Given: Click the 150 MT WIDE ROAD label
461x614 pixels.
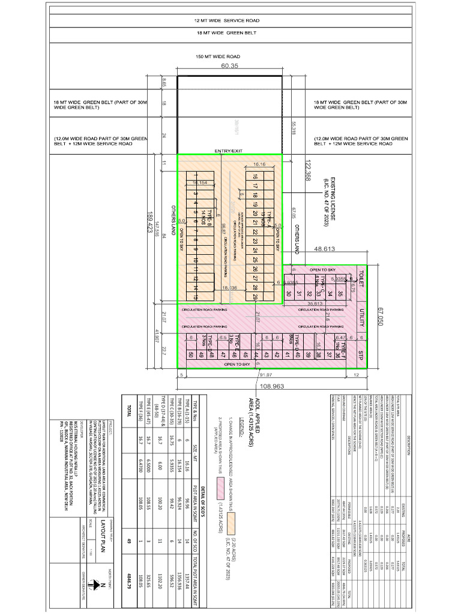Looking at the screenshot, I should coord(217,56).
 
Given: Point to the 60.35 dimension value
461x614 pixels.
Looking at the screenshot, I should coord(230,66).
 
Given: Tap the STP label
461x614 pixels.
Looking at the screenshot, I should coord(361,353).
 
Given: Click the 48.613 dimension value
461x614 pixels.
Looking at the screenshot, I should coord(325,248).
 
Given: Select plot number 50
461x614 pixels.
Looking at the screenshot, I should coord(191,355).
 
